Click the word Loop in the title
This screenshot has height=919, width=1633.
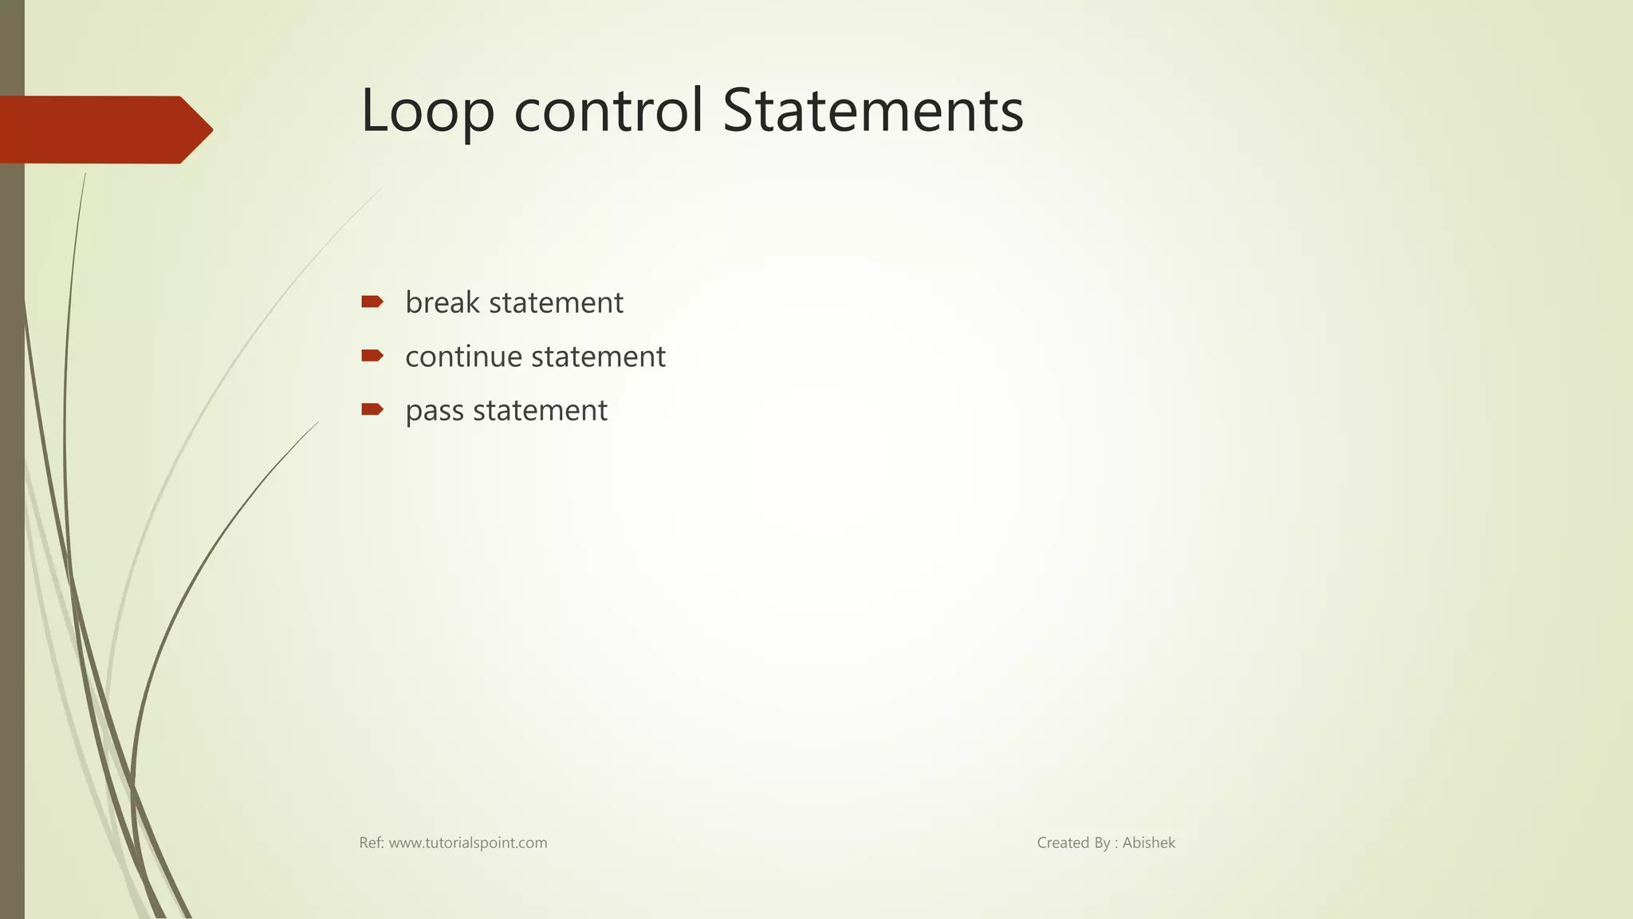(x=427, y=111)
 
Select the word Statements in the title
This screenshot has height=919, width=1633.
(x=873, y=111)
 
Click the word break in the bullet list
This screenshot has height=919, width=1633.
(x=443, y=303)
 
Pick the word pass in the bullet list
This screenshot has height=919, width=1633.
(x=435, y=411)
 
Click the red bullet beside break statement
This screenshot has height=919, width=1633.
(x=372, y=302)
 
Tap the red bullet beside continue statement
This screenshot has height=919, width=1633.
(x=372, y=356)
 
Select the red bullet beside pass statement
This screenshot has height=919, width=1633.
(x=372, y=410)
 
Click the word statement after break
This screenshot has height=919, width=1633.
(x=556, y=303)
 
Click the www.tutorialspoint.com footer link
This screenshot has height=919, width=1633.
(x=468, y=843)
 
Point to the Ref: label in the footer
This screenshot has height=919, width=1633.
(x=372, y=843)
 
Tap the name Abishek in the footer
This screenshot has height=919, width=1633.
(x=1148, y=843)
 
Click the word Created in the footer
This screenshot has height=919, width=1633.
(x=1063, y=843)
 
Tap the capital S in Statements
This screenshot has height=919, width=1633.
(x=739, y=111)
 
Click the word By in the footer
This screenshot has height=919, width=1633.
(x=1102, y=843)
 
